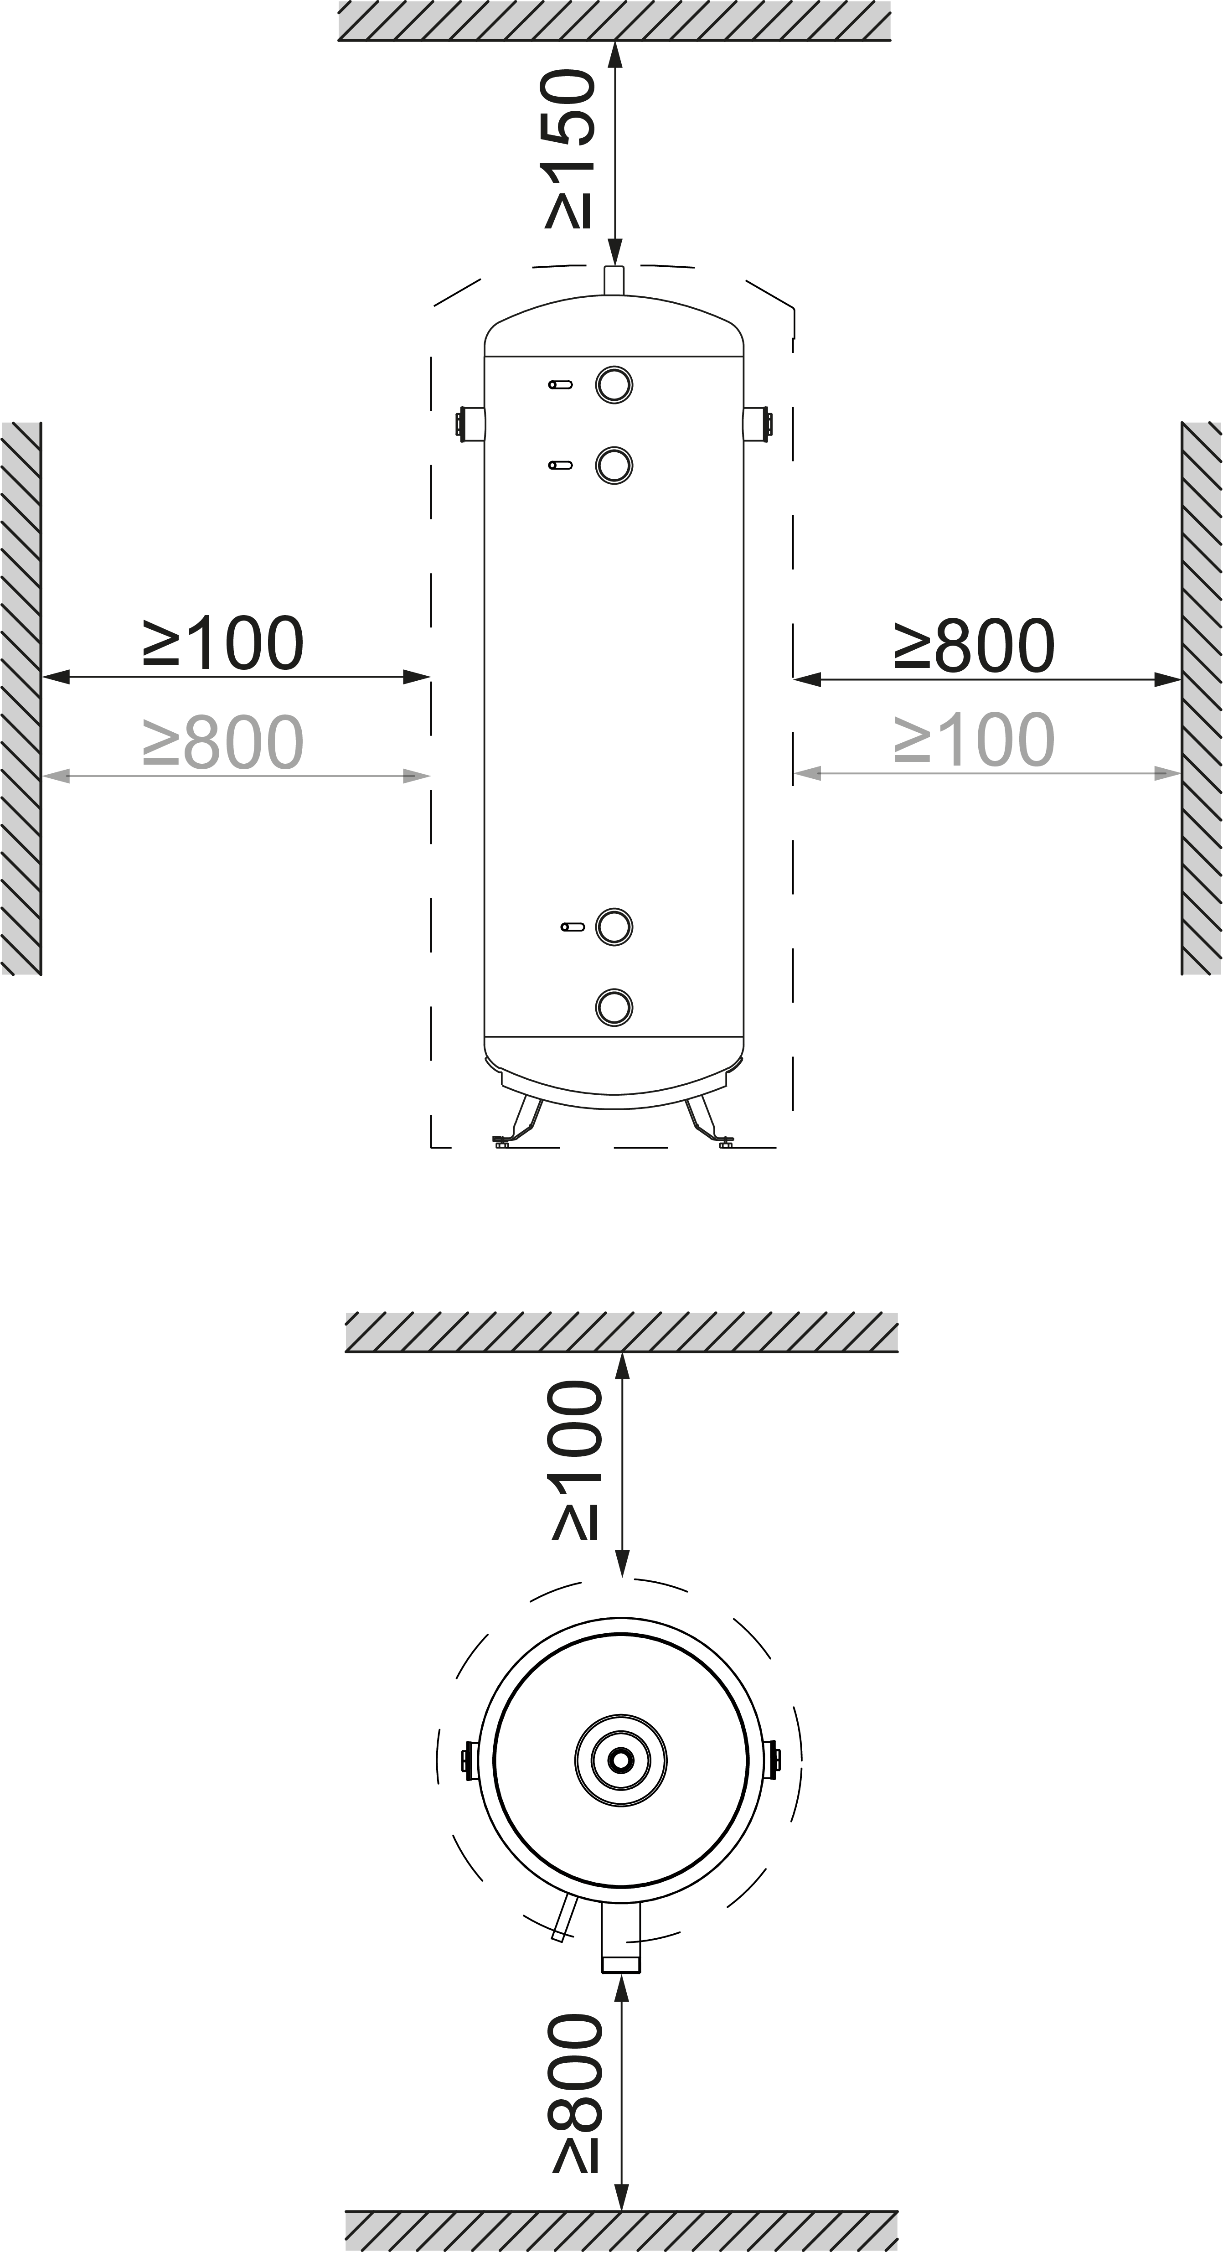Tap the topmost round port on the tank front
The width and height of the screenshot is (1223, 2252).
[x=614, y=385]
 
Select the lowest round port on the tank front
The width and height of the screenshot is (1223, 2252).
[x=614, y=1006]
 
